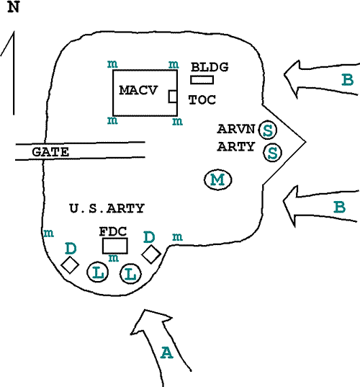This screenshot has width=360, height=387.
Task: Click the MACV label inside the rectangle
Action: point(138,90)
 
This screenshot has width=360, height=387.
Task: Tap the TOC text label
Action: point(202,99)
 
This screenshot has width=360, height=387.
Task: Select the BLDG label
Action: point(210,67)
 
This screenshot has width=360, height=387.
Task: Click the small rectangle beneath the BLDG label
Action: point(202,80)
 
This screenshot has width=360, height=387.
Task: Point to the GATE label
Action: point(50,152)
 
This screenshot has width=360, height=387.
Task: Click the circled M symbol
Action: point(218,179)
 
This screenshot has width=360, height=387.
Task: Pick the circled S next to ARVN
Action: point(268,130)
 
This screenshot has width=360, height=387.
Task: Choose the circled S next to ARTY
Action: point(272,153)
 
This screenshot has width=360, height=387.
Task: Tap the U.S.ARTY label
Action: point(107,208)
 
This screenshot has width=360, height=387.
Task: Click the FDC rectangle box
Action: point(115,246)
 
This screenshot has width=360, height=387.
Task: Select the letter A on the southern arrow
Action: point(167,352)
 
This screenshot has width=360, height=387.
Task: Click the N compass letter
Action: point(14,7)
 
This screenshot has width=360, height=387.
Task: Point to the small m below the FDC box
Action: point(114,258)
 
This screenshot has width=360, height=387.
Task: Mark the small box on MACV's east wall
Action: point(173,97)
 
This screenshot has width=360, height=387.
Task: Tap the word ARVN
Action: point(236,129)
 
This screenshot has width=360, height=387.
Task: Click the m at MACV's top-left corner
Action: point(112,64)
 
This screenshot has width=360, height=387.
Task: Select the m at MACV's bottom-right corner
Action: point(177,121)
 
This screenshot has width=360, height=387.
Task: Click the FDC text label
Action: point(113,231)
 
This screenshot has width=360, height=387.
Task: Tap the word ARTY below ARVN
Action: point(236,146)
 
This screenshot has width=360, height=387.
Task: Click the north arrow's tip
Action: point(14,31)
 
